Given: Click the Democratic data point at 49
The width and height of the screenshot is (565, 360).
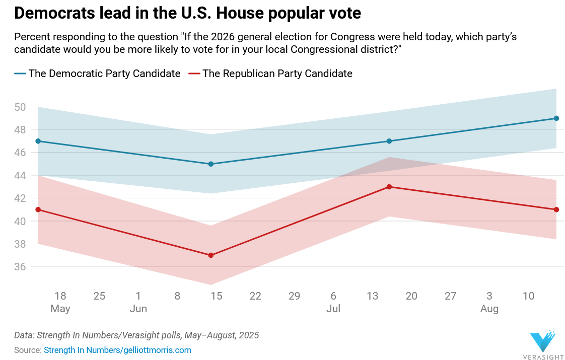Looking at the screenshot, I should (556, 118).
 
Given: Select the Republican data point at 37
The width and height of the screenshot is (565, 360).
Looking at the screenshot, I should (211, 255).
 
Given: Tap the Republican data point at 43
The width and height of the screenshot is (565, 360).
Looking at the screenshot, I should (389, 187).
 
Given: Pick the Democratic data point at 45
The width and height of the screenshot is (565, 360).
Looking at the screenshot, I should (211, 164).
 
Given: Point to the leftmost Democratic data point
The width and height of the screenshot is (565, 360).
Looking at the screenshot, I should (38, 141).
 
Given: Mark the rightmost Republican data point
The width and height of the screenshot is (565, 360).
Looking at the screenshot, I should (556, 209).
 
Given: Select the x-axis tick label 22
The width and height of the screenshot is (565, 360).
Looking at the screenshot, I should (255, 296).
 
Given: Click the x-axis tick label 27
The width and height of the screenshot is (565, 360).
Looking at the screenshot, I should (450, 296).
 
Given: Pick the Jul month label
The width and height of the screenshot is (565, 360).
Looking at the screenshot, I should (333, 309).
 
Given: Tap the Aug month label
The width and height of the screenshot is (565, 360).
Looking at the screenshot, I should (489, 309).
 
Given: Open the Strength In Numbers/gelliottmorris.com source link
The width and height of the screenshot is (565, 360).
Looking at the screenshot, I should (117, 350).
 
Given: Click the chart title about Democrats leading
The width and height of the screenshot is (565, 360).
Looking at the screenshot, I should (187, 14).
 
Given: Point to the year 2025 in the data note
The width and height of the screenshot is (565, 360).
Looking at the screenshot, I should (249, 335).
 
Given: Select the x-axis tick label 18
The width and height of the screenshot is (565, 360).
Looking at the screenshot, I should (60, 296).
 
